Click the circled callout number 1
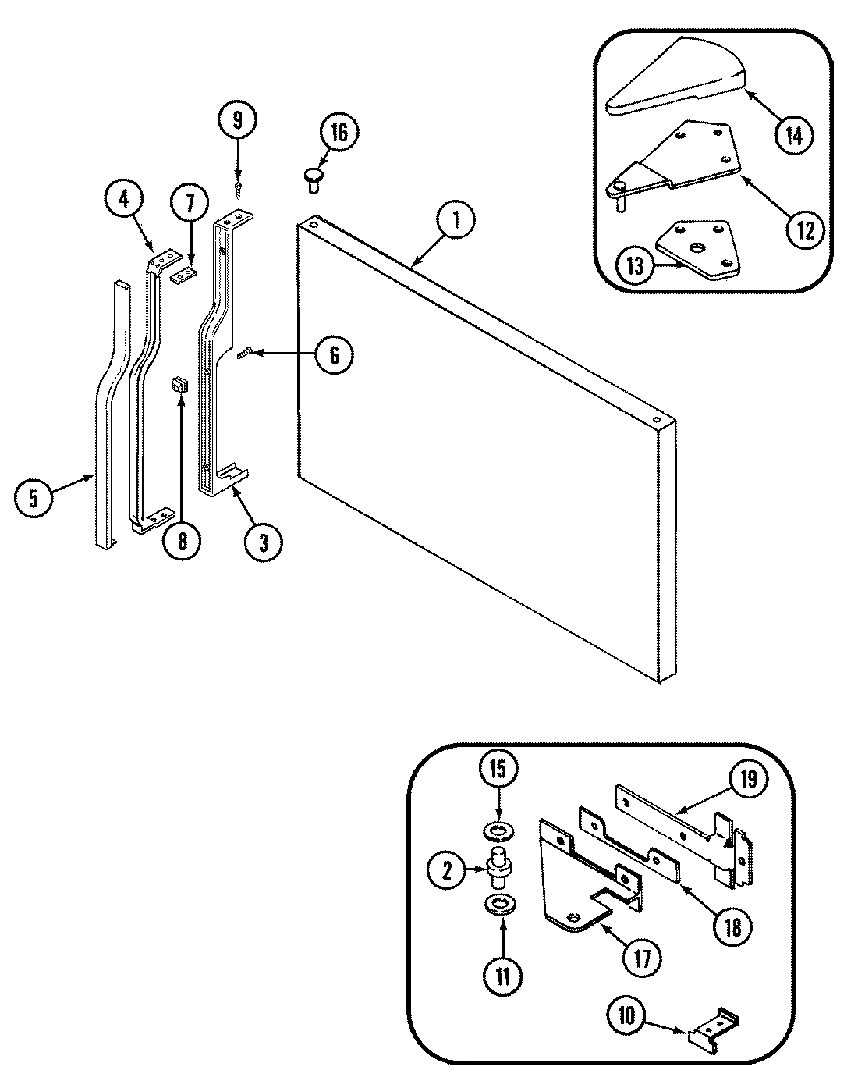[x=456, y=222]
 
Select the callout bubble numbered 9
[x=237, y=121]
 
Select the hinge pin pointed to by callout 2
[x=498, y=866]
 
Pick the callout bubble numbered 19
[x=748, y=781]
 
